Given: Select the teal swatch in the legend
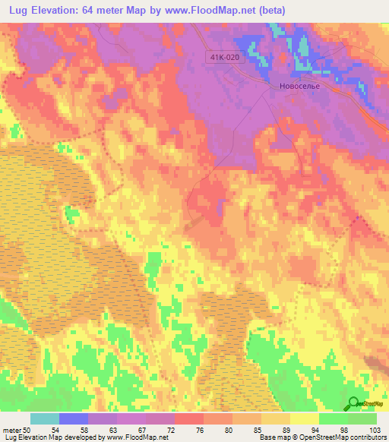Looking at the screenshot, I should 45,418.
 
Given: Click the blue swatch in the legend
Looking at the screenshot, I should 74,418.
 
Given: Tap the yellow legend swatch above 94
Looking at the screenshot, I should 304,418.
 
